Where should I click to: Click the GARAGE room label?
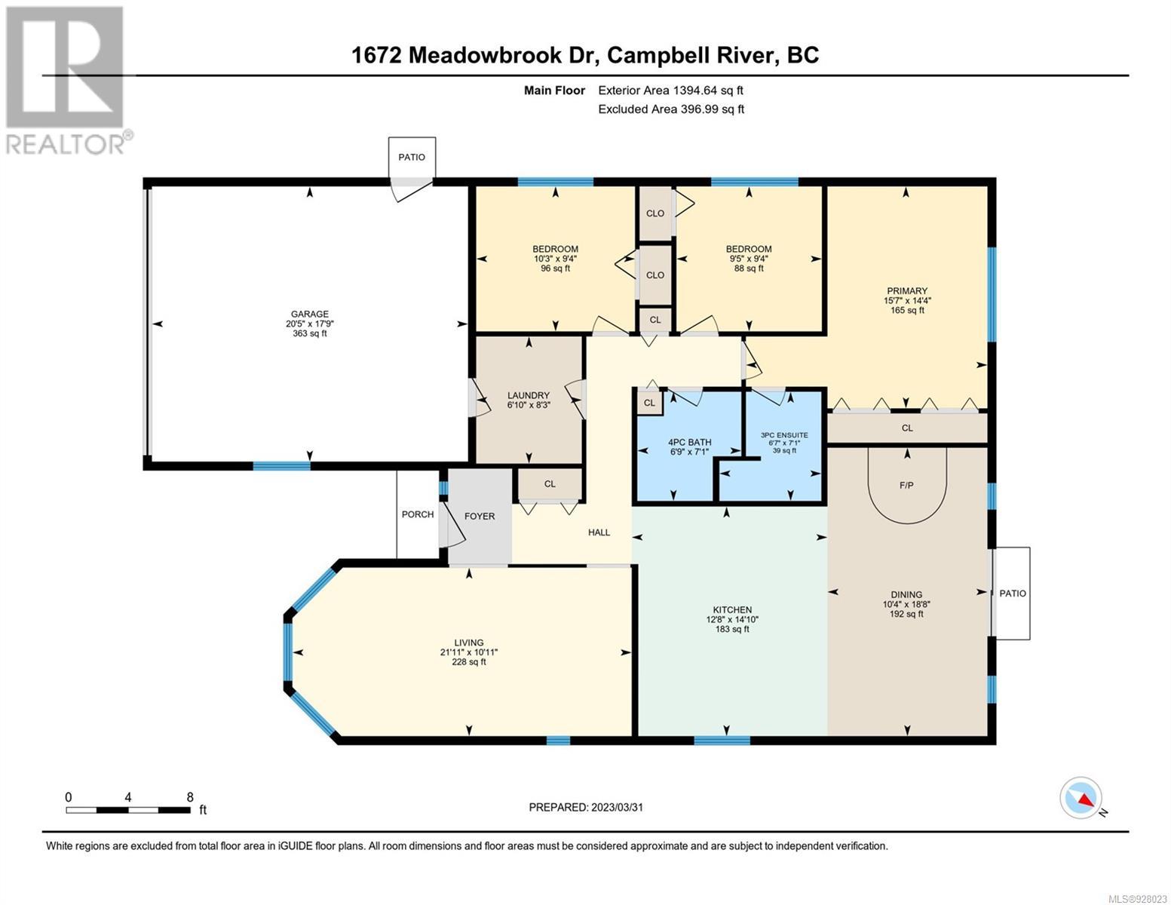tap(309, 314)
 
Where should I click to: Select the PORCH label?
tap(418, 514)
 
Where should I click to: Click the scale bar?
tap(128, 810)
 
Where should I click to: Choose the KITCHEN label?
tap(732, 609)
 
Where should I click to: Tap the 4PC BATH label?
tap(690, 442)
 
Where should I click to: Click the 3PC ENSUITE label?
tap(784, 435)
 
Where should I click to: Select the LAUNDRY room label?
tap(528, 395)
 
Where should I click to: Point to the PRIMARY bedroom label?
tap(907, 290)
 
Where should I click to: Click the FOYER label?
tap(479, 516)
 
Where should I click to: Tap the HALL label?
tap(599, 532)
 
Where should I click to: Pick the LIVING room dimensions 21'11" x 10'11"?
tap(468, 652)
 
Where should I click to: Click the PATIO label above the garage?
tap(411, 157)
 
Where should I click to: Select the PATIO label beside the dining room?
tap(1013, 593)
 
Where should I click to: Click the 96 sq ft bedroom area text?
tap(555, 268)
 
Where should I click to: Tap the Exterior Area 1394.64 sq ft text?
tap(670, 90)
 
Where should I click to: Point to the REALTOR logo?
tap(67, 81)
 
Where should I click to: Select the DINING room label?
tap(906, 594)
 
